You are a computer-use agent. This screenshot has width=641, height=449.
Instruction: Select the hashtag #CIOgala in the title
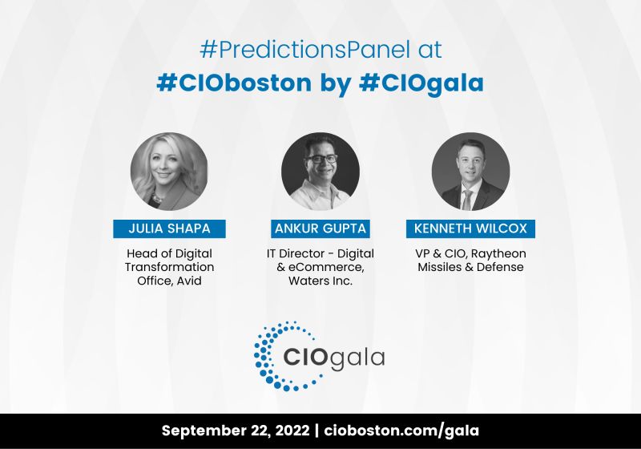(425, 83)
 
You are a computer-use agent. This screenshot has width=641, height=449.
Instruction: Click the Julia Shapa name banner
(169, 229)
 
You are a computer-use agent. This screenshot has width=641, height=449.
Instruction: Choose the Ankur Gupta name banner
(320, 229)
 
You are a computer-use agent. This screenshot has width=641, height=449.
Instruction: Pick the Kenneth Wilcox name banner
(470, 229)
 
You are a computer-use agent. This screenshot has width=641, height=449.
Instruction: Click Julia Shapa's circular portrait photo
(169, 172)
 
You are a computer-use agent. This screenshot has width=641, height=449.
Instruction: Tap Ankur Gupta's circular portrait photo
(320, 172)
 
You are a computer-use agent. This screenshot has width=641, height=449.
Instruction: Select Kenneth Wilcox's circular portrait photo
(470, 172)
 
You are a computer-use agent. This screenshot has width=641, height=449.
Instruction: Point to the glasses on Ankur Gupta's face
(320, 159)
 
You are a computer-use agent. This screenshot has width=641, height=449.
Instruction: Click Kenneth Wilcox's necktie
(468, 196)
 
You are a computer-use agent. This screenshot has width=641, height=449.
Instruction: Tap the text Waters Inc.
(320, 281)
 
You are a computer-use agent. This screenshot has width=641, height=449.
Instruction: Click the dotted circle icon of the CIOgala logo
(273, 350)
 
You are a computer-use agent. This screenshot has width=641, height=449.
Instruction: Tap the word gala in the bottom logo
(356, 356)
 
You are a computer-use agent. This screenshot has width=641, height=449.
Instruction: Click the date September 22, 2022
(236, 431)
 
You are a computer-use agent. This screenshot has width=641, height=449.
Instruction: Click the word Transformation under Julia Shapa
(169, 267)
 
